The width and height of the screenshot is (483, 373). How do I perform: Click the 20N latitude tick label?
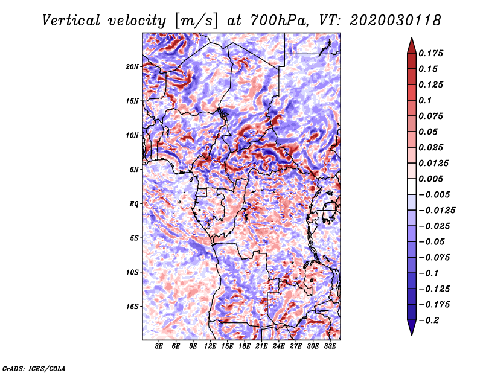pos(132,67)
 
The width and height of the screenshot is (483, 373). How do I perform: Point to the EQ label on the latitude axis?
pos(133,204)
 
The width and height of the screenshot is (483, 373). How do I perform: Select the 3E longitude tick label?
pos(159,346)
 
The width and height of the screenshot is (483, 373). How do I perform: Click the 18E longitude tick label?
pos(245,346)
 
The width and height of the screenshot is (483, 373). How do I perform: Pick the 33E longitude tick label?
pos(330,346)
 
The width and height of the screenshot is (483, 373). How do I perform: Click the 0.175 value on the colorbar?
pos(431,53)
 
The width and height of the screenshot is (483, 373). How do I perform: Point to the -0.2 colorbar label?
pos(429,320)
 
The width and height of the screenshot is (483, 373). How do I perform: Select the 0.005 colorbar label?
pos(431,179)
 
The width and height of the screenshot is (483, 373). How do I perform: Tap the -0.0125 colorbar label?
pos(437,211)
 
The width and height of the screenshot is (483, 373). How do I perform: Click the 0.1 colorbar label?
pos(426,100)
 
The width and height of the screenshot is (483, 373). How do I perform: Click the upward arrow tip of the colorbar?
pos(412,37)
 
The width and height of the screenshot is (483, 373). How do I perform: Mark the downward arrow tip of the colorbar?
pos(412,335)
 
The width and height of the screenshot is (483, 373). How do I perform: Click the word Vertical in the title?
pos(71,21)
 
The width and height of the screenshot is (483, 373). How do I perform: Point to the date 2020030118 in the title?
pos(395,21)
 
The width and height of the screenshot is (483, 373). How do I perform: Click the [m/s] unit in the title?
pos(196,21)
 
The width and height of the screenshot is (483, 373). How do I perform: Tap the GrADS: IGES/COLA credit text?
pos(34,368)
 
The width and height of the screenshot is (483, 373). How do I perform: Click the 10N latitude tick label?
pos(132,135)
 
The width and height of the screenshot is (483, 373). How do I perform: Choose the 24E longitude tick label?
pos(278,346)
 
